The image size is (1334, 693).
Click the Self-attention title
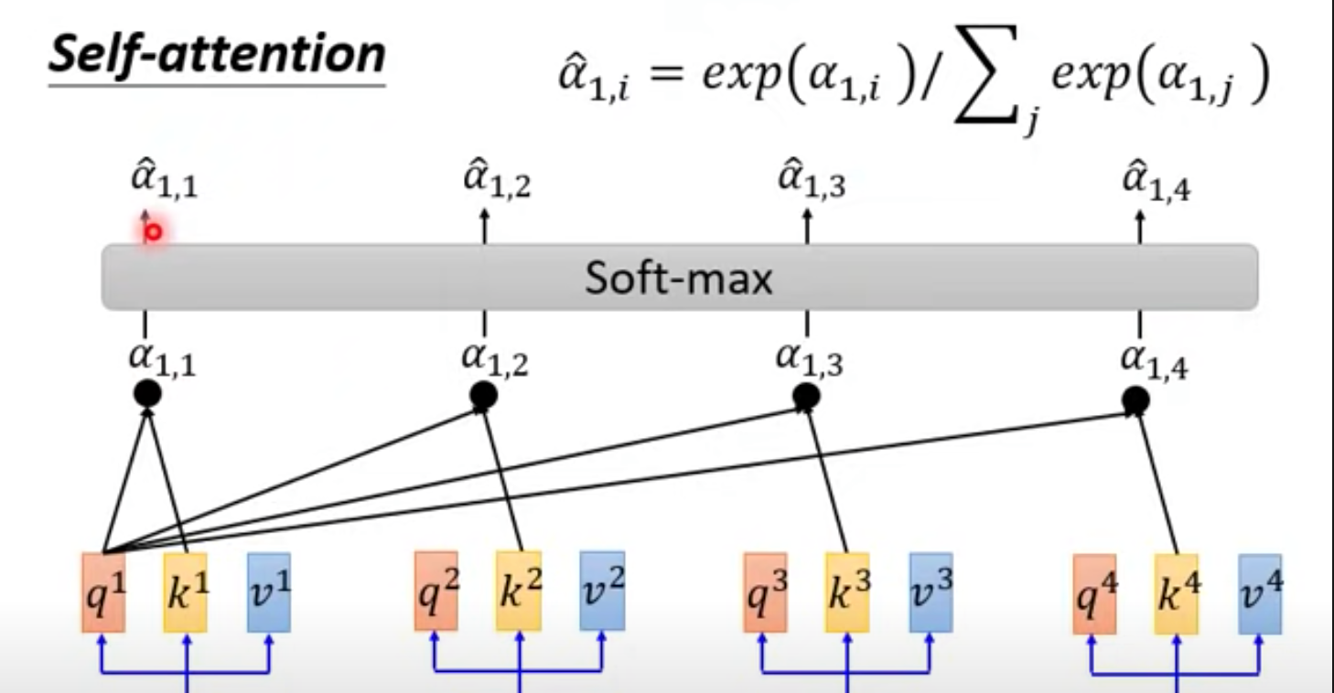coord(217,55)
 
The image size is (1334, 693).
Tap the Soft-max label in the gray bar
coord(679,278)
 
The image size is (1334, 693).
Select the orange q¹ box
coord(103,592)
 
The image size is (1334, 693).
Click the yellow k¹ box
coord(185,592)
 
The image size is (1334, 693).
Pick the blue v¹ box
coord(269,592)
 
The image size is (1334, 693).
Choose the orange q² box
coord(436,591)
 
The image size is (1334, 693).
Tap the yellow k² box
coord(519,591)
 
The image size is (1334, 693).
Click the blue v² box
coord(602,591)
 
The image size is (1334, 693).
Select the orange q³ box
coord(765,592)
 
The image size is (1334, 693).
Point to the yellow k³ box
coord(847,592)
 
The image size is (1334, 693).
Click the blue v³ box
coord(931,592)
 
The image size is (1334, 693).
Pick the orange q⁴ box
coord(1094,594)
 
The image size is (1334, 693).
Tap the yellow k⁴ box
coord(1177,594)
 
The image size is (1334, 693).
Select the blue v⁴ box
coord(1260,594)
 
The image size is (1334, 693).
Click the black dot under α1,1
coord(147,394)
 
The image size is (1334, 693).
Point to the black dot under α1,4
coord(1135,400)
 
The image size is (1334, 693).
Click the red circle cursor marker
coord(153,232)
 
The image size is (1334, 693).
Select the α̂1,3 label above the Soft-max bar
coord(812,178)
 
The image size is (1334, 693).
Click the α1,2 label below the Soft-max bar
coord(495,360)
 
